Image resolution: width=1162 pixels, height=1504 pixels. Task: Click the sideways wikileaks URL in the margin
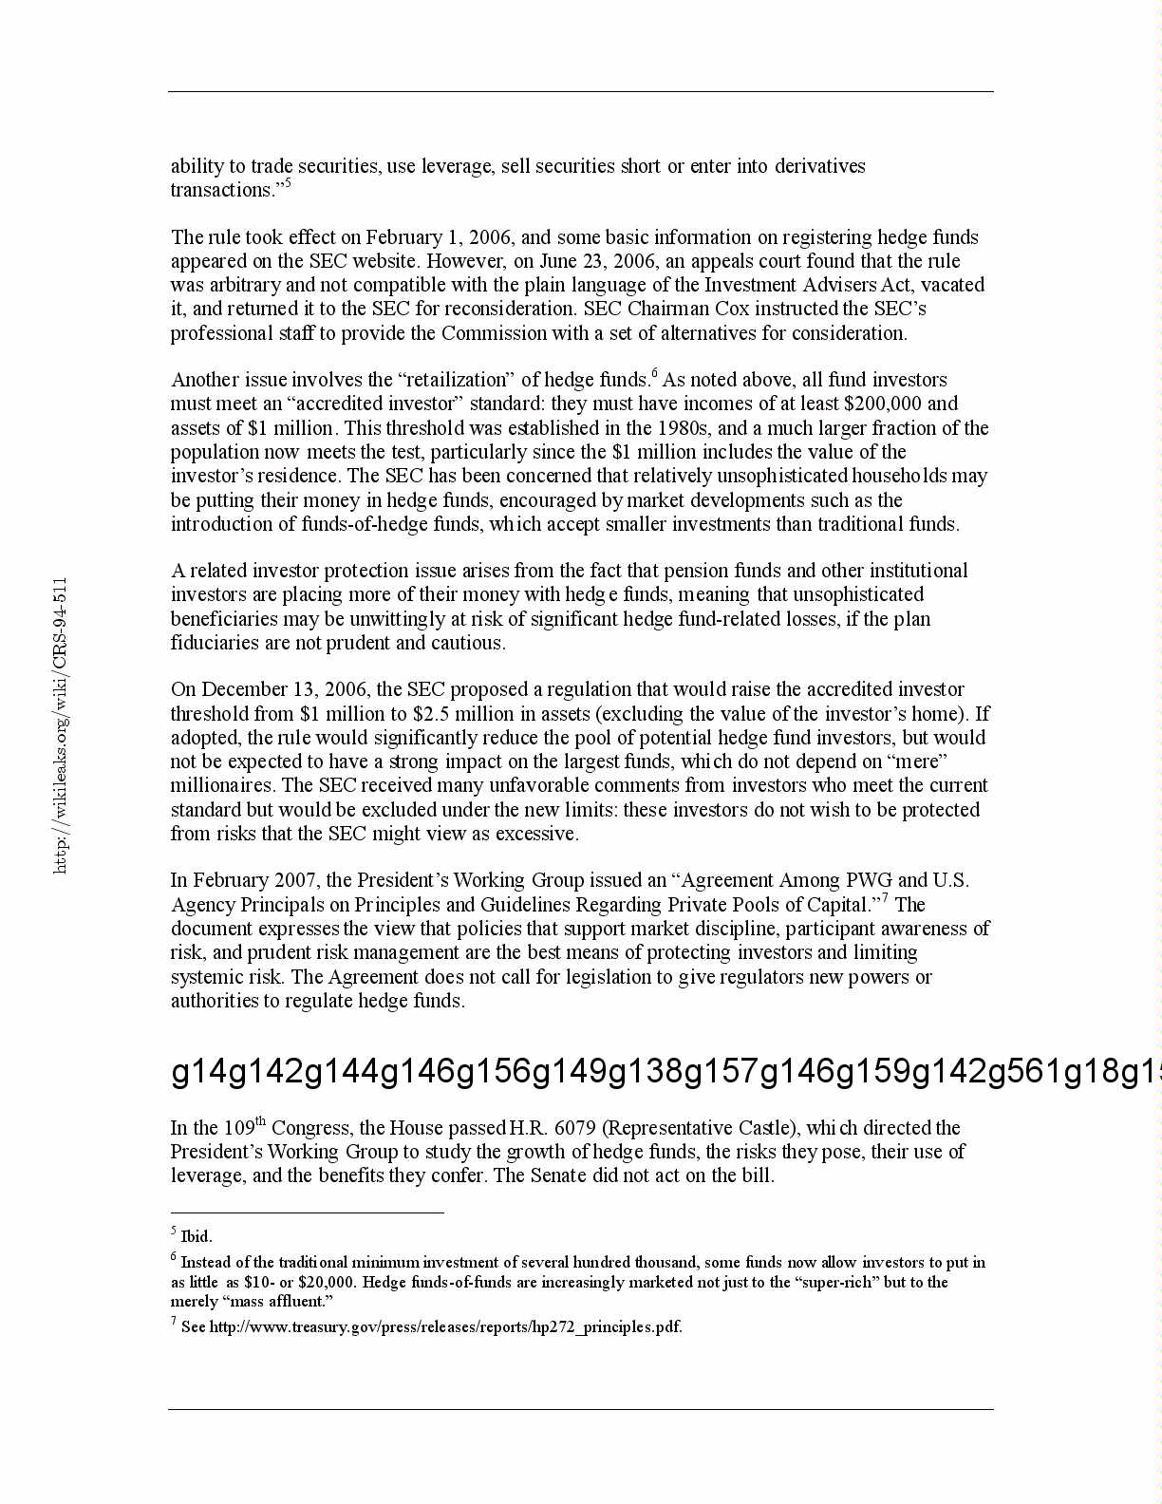[x=61, y=725]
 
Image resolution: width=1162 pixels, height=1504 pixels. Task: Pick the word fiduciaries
[x=215, y=643]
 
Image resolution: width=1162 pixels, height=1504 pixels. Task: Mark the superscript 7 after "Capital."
[x=885, y=898]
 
